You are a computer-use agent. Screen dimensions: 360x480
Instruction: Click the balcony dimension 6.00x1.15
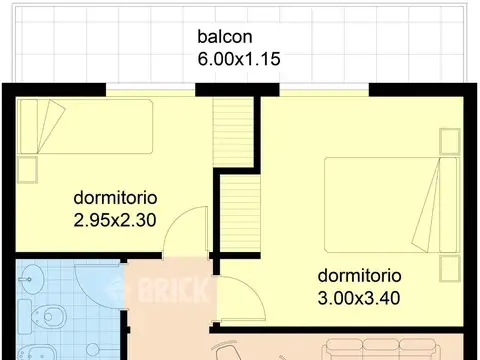(239, 59)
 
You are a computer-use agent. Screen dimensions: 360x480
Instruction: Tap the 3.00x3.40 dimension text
(359, 297)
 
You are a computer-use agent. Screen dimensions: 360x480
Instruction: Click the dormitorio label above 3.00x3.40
(359, 275)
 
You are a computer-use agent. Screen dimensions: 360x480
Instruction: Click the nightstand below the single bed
(27, 167)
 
